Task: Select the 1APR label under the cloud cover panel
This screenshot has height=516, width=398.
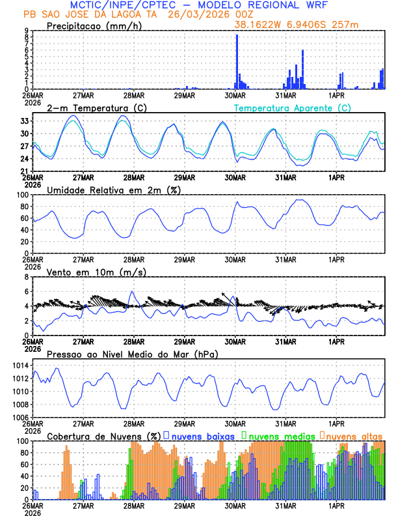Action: pos(336,505)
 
